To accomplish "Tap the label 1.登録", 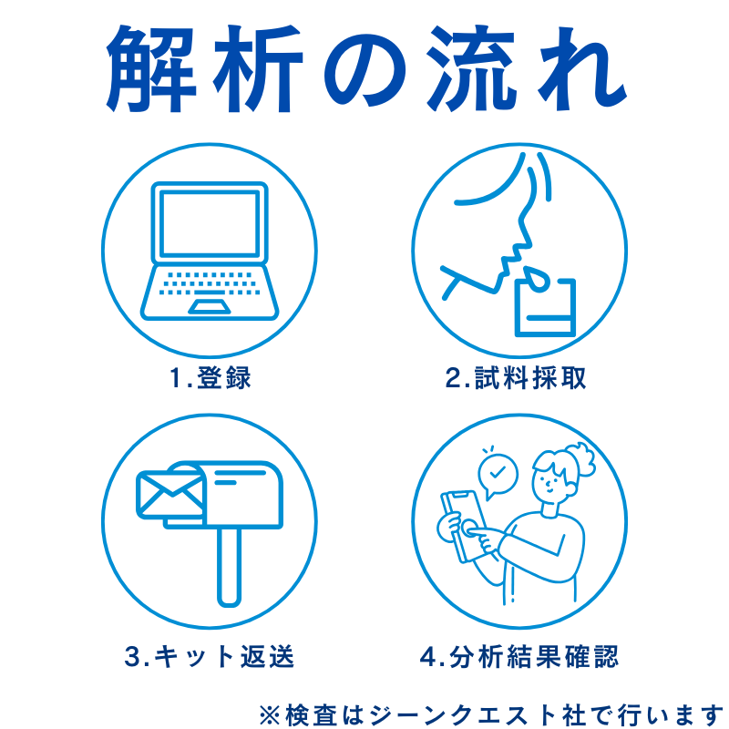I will [x=210, y=378].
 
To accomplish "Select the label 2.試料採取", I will [x=516, y=378].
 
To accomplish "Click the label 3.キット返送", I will [x=210, y=656].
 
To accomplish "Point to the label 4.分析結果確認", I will [x=519, y=656].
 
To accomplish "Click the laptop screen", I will [x=209, y=223].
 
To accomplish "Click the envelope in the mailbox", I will [x=169, y=497].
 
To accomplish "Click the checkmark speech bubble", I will [x=498, y=475].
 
